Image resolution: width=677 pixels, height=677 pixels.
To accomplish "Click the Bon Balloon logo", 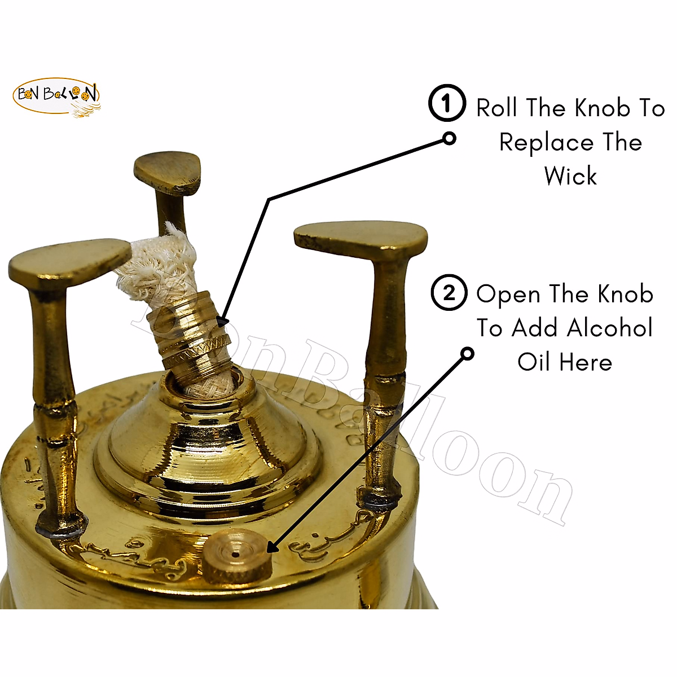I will (56, 97).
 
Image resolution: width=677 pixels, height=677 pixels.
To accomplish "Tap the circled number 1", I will (447, 103).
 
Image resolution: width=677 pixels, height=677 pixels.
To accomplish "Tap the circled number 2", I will (449, 293).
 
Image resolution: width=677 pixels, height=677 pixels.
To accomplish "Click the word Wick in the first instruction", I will (570, 176).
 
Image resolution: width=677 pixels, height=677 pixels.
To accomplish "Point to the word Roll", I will (497, 108).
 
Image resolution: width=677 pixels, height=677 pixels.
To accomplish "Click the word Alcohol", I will (609, 328).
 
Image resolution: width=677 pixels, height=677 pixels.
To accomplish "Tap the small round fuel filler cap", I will (236, 555).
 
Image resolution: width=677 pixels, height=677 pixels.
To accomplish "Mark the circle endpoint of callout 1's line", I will (449, 138).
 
